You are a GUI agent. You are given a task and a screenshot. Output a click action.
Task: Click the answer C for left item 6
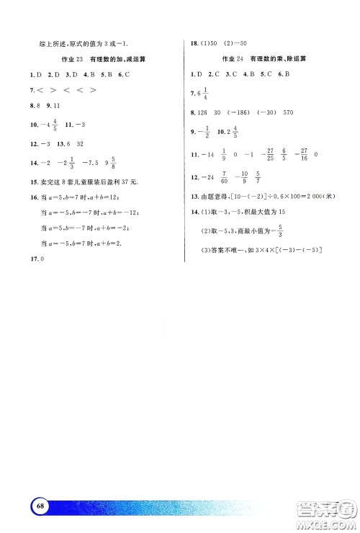126,74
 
